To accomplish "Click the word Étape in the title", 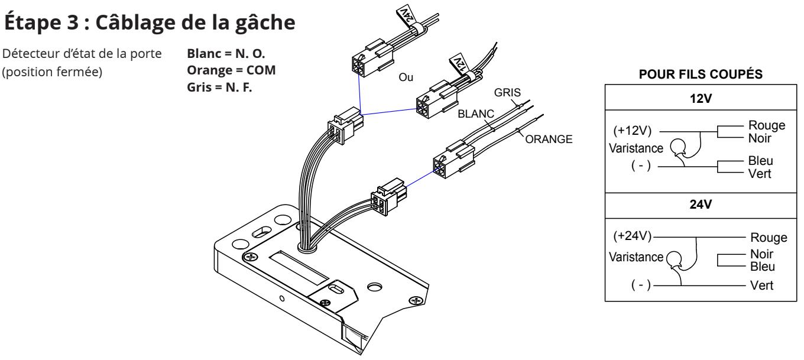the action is [33, 22].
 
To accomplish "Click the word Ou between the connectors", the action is [406, 77].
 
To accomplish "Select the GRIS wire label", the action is [507, 93].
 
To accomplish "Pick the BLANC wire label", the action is [476, 113].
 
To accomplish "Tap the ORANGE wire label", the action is [549, 139].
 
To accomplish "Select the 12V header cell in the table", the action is [701, 98].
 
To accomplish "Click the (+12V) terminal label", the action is [632, 130].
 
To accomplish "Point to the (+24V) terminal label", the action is [632, 236].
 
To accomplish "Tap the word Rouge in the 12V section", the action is [767, 125].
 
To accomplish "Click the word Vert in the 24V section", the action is [761, 286].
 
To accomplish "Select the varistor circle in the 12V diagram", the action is [679, 147].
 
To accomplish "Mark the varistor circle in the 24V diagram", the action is [674, 259].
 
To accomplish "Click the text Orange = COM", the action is [231, 70].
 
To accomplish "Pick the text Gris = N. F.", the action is [219, 87].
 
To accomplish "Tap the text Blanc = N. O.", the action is [226, 53].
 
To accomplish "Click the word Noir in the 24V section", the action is [761, 254].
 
